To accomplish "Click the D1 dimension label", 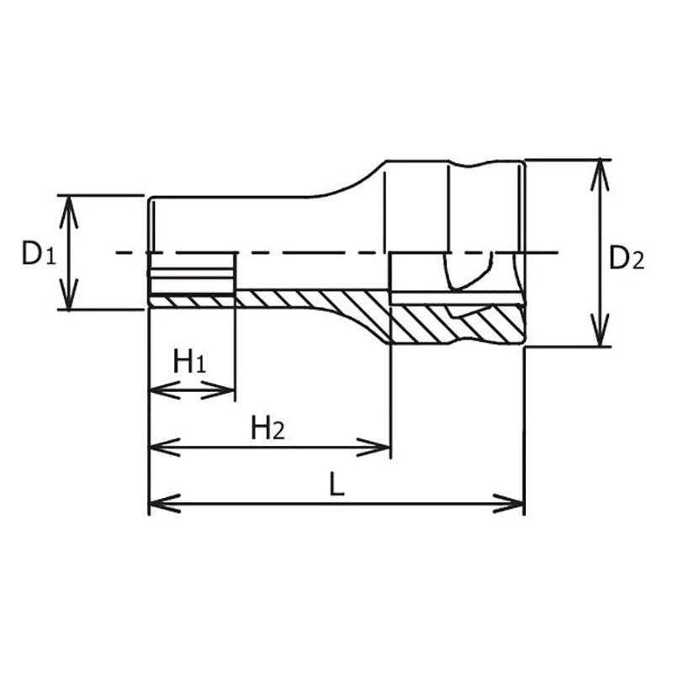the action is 39,254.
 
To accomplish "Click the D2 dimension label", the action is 627,258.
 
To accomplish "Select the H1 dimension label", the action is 189,361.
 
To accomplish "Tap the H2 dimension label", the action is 268,428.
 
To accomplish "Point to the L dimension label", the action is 337,484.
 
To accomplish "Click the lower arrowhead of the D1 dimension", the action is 69,294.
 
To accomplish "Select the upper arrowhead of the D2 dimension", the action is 600,175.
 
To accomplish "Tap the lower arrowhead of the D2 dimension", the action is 600,330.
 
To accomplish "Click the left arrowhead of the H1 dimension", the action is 164,390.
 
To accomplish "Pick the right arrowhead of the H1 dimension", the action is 218,390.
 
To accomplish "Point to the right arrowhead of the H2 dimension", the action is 374,448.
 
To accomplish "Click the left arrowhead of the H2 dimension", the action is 164,448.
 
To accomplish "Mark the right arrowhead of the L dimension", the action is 508,503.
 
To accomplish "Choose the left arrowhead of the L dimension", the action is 164,503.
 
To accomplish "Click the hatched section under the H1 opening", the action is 192,301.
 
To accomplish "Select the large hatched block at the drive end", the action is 457,325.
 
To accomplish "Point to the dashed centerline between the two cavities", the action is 312,253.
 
